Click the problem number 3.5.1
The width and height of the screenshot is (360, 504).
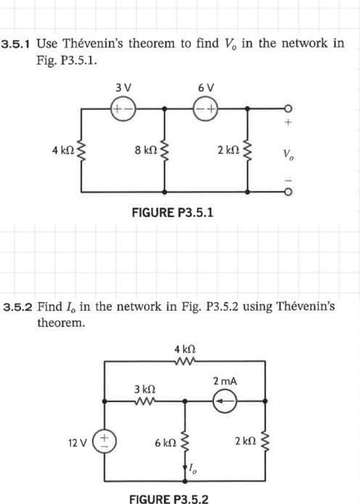[17, 44]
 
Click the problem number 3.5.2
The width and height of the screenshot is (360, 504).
[19, 306]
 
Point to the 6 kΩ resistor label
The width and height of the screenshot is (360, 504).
[165, 442]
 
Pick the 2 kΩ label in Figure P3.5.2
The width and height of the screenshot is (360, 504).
[245, 442]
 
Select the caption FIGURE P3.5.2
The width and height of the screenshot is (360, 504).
[168, 499]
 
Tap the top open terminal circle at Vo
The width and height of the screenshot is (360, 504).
[289, 107]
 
